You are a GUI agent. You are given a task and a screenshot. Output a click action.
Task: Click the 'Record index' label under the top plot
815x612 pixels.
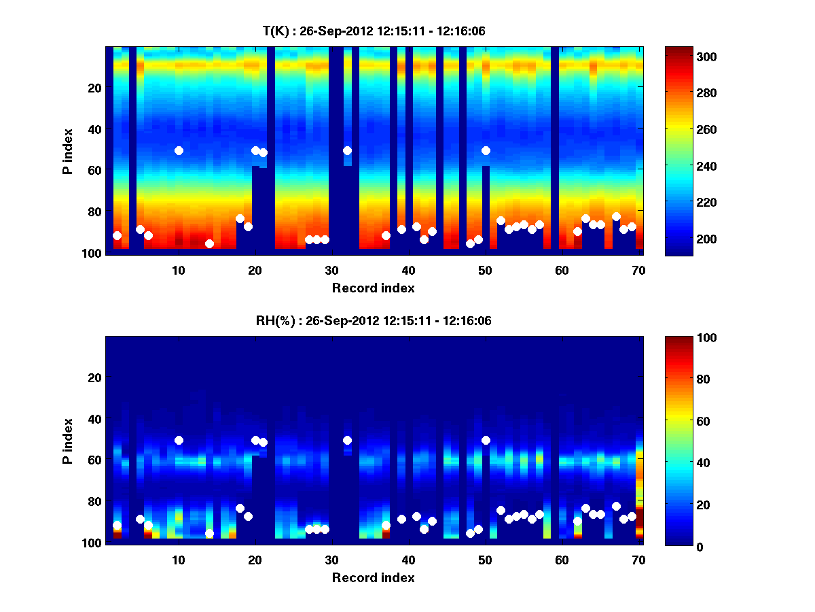click(x=373, y=288)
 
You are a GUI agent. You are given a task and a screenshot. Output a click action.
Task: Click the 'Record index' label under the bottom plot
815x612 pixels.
click(x=373, y=577)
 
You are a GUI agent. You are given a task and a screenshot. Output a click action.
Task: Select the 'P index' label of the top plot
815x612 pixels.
click(x=68, y=150)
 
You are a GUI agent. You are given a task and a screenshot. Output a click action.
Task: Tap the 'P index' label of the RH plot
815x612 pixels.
click(x=68, y=440)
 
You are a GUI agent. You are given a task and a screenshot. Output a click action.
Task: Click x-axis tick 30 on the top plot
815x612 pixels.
click(x=331, y=269)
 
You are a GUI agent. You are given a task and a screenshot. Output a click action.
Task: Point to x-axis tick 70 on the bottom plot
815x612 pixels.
click(x=638, y=559)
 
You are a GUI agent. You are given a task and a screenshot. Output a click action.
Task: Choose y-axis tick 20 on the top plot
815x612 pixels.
click(x=94, y=88)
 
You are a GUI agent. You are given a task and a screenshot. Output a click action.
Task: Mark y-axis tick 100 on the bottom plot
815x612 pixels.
click(x=91, y=543)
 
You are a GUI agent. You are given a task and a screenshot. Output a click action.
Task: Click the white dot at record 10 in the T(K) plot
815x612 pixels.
click(x=179, y=150)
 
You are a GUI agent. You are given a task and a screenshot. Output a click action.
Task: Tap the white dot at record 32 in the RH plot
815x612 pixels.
click(x=347, y=440)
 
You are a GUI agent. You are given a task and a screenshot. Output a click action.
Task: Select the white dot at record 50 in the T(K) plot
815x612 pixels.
click(x=486, y=150)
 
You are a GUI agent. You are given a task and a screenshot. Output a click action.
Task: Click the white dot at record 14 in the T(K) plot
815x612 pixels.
click(x=209, y=243)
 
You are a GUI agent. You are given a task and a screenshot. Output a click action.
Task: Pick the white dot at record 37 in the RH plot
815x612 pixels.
click(x=386, y=525)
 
